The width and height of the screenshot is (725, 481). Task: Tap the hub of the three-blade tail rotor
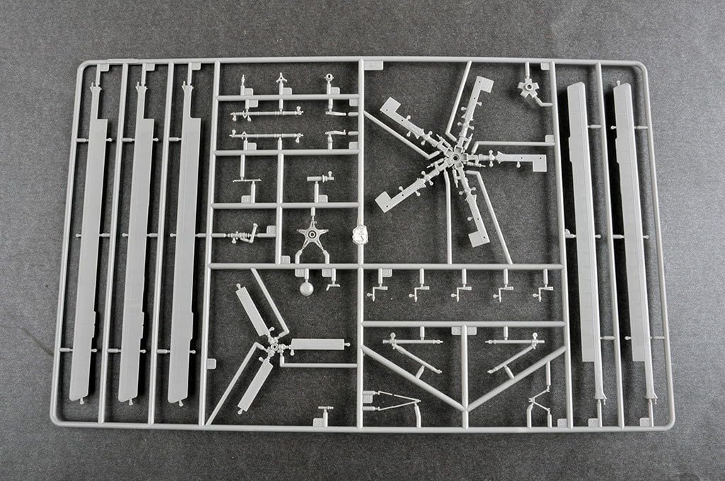coord(273,348)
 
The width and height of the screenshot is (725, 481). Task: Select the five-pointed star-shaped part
coord(312,236)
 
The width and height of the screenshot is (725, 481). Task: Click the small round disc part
coord(306,288)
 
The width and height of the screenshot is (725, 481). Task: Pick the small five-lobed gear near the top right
coord(527,90)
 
